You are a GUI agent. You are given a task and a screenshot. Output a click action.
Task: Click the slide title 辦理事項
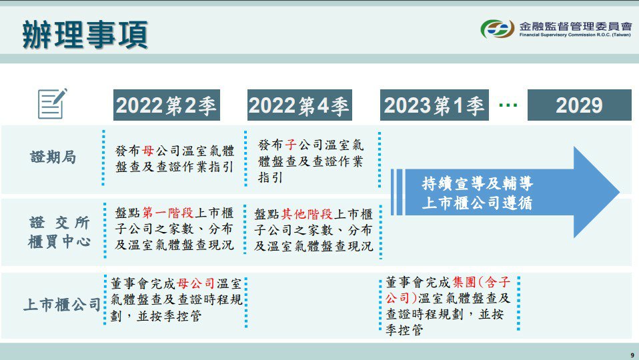click(x=85, y=35)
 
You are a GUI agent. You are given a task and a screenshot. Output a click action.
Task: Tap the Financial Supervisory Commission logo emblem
click(x=497, y=29)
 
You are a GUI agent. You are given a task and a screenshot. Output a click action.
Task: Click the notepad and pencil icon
click(x=53, y=103)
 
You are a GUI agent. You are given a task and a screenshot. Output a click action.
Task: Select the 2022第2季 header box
click(x=166, y=105)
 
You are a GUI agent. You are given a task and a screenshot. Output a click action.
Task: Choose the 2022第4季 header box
click(x=299, y=105)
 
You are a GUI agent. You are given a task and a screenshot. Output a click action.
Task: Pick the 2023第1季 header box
click(x=434, y=105)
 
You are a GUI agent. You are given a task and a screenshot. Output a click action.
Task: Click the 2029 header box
click(x=579, y=105)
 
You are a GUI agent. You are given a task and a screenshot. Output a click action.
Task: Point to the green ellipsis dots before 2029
click(x=508, y=105)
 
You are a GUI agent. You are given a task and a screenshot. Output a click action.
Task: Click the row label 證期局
click(x=53, y=157)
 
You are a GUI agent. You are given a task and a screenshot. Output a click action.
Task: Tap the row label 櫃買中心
click(x=59, y=241)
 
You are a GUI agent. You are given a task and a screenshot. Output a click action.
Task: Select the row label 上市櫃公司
click(x=62, y=305)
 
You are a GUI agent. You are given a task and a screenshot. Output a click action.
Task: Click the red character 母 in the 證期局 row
click(x=148, y=151)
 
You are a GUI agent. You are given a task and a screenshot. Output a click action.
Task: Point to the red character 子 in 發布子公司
click(x=291, y=145)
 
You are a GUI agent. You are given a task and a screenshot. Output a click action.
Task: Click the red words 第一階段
click(x=167, y=213)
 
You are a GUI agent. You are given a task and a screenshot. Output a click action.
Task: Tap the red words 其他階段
click(x=307, y=214)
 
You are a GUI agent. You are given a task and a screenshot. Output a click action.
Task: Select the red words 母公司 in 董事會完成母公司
click(x=196, y=283)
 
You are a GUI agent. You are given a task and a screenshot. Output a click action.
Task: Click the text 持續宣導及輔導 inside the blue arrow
click(x=477, y=183)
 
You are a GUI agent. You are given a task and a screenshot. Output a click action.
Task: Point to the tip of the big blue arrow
click(x=620, y=192)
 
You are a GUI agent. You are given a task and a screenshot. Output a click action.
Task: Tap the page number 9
click(x=632, y=355)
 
